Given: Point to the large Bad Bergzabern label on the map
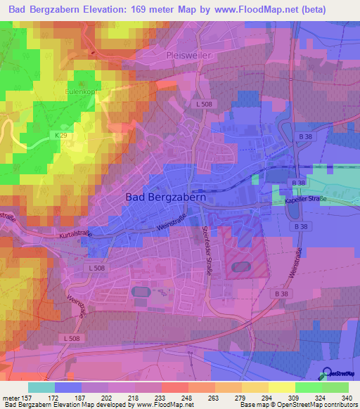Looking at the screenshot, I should click(x=165, y=197).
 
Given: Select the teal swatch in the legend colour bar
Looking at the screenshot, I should click(x=41, y=387).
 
